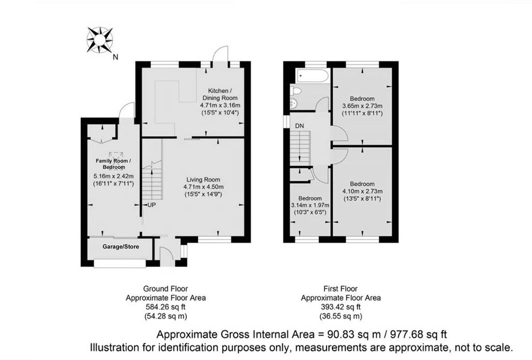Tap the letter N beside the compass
(x=115, y=57)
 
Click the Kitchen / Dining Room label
(x=220, y=94)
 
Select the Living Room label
(x=203, y=179)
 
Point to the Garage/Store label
(x=121, y=247)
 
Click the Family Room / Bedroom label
(x=113, y=164)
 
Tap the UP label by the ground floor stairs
(x=151, y=205)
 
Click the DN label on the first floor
(x=299, y=126)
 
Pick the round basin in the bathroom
(x=294, y=103)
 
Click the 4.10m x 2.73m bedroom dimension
(x=362, y=191)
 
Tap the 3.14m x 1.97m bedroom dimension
(x=310, y=205)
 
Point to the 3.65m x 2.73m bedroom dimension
(x=362, y=106)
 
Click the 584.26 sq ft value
(x=165, y=307)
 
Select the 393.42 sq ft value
(x=341, y=307)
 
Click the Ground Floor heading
(x=165, y=289)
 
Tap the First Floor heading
(x=340, y=289)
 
